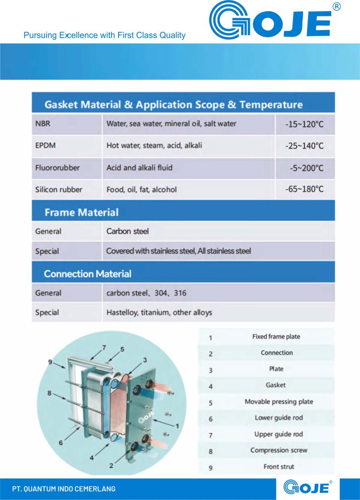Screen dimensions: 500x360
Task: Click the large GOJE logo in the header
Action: tap(270, 20)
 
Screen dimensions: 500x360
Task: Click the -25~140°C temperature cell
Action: tap(304, 146)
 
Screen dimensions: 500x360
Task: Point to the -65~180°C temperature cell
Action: tap(304, 189)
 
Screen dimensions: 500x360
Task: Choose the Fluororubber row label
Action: tap(57, 167)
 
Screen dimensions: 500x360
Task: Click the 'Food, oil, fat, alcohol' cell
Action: tap(142, 189)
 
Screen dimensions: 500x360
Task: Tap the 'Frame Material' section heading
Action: tap(82, 212)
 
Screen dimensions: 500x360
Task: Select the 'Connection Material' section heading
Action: tap(88, 274)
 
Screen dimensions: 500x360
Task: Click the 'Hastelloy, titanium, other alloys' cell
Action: tap(159, 312)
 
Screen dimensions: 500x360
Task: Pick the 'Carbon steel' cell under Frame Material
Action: tap(127, 231)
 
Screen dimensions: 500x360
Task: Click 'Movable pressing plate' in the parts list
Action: tap(278, 402)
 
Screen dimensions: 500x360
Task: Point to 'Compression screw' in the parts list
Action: tap(278, 450)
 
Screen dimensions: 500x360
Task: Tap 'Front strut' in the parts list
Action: tap(278, 467)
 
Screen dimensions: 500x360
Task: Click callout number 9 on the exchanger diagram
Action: tap(50, 362)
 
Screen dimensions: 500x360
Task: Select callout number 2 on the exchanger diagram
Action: tap(111, 466)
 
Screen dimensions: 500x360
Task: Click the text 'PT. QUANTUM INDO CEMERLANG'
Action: tap(64, 489)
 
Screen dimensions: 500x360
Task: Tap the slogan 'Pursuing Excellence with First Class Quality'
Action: tap(105, 35)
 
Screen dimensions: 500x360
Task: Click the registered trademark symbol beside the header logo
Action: tap(337, 6)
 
